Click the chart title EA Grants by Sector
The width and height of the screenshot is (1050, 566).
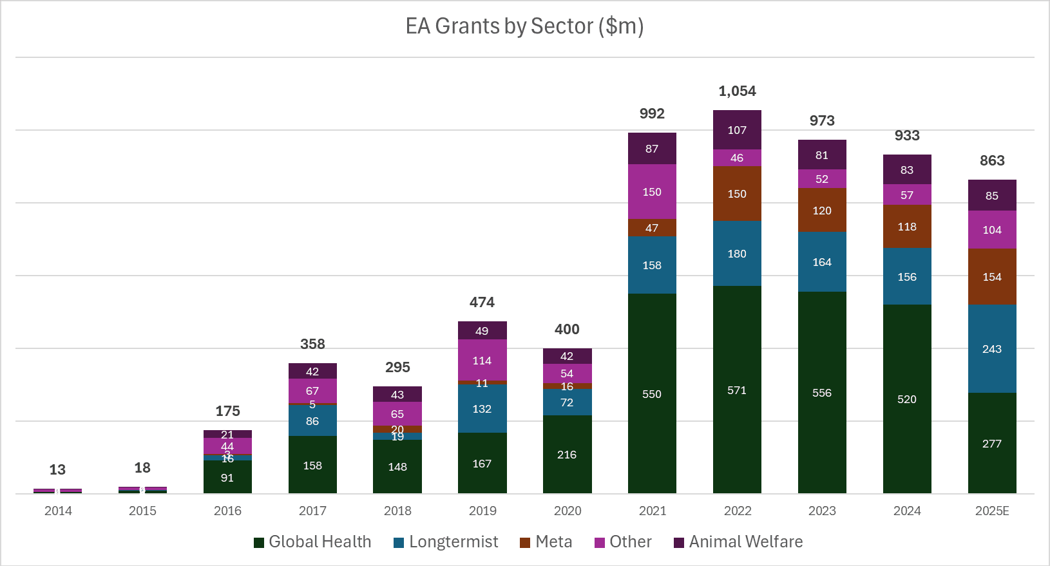coord(524,26)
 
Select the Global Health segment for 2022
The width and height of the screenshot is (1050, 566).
coord(737,390)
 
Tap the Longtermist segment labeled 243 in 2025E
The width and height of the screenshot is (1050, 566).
coord(992,348)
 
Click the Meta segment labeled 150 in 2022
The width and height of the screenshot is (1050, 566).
coord(737,194)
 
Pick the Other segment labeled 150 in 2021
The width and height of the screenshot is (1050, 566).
coord(652,191)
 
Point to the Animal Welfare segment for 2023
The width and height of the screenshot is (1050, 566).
coord(822,155)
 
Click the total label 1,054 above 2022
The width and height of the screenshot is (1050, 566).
coord(737,91)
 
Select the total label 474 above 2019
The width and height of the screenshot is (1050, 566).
coord(482,302)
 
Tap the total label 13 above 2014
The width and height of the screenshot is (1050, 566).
coord(57,469)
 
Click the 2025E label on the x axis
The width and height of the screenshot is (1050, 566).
coord(992,511)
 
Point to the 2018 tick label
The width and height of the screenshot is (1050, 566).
coord(397,511)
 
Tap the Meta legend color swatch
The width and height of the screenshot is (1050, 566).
coord(525,542)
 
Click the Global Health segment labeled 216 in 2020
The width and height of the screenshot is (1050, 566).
coord(567,454)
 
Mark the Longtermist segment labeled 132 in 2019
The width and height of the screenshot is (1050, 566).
coord(482,408)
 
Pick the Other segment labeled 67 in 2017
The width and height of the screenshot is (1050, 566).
coord(312,390)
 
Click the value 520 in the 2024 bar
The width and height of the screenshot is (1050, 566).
coord(907,399)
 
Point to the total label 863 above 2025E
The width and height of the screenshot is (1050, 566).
coord(992,160)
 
